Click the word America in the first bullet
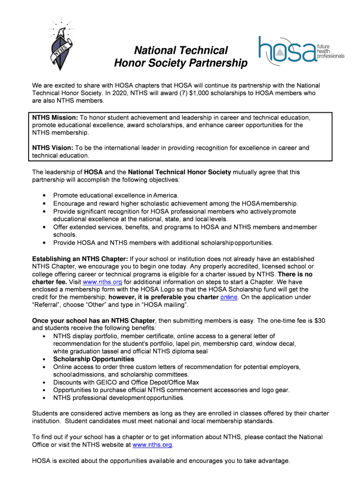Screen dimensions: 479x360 165,195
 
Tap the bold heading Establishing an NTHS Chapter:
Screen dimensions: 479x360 79,259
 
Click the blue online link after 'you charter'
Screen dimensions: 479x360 229,297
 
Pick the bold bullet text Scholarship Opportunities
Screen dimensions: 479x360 94,359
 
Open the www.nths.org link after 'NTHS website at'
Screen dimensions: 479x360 153,444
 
